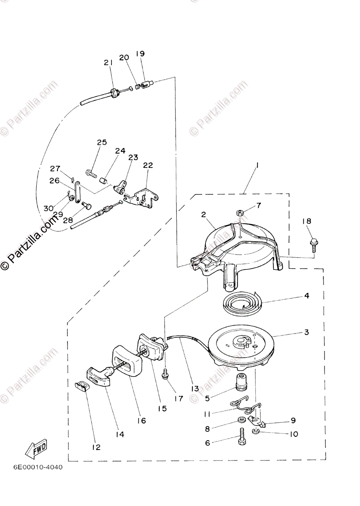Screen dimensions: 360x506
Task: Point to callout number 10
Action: point(293,434)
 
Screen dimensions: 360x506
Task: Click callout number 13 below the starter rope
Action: point(194,388)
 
